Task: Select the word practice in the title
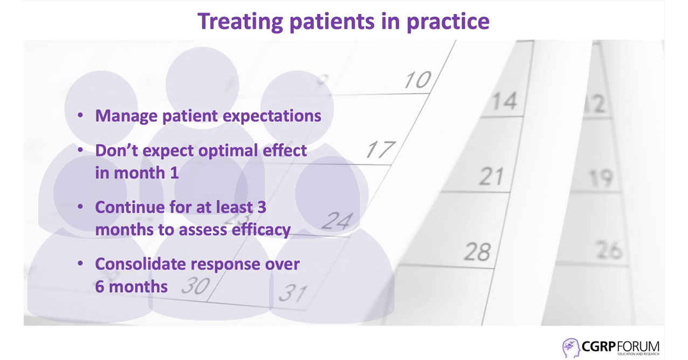click(448, 22)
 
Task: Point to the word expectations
click(272, 116)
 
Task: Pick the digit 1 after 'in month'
click(174, 173)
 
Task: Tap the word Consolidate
click(141, 264)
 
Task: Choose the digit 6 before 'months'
click(100, 287)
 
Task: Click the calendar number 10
click(418, 80)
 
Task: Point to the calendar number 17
click(381, 149)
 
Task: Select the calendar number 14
click(505, 101)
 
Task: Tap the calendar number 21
click(491, 176)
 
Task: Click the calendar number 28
click(477, 252)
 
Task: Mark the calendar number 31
click(293, 293)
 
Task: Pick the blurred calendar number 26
click(610, 250)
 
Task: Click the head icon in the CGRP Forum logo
click(571, 348)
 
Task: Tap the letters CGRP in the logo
click(598, 347)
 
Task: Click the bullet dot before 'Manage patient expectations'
click(80, 115)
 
